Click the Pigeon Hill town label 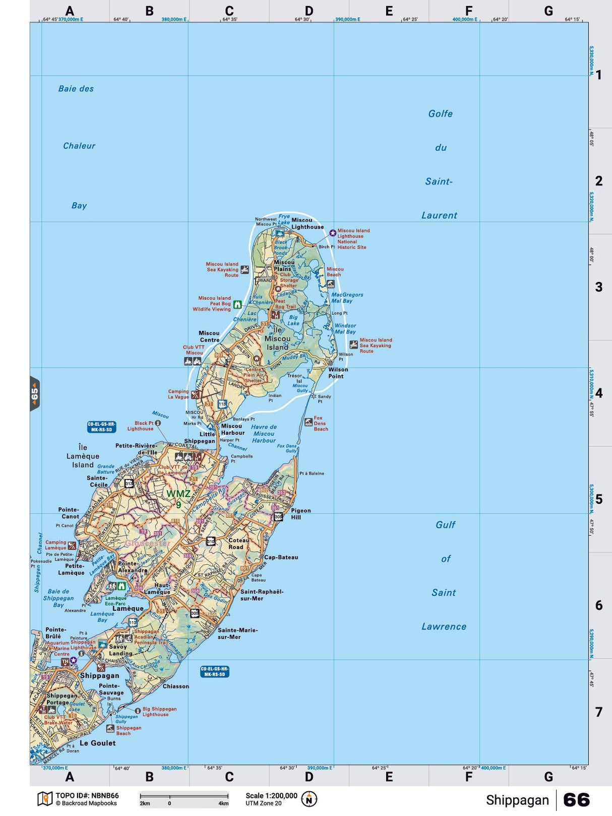click(300, 514)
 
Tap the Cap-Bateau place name click(281, 557)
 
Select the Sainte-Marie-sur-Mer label click(237, 633)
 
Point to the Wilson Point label click(338, 373)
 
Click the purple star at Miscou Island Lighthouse click(333, 233)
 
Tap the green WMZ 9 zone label click(178, 498)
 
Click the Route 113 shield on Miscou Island click(222, 404)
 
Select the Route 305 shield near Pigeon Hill click(278, 517)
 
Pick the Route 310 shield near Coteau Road click(211, 541)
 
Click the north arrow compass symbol click(309, 799)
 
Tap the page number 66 click(576, 800)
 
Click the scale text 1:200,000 click(271, 796)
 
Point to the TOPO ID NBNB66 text click(87, 796)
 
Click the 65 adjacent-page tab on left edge click(34, 394)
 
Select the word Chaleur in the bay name click(79, 146)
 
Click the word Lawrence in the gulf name click(444, 626)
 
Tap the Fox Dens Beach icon click(308, 422)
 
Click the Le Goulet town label click(97, 743)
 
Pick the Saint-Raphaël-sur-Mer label click(262, 595)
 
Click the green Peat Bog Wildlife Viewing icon click(237, 305)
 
